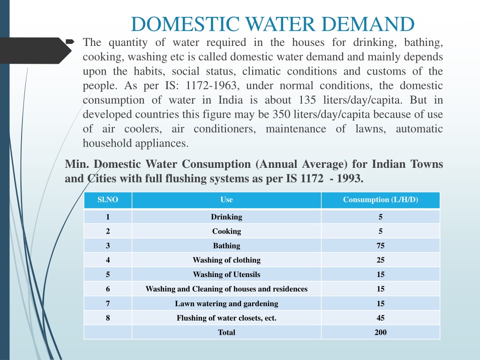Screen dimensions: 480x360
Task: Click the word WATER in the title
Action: coord(280,24)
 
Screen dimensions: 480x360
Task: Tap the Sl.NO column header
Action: coord(108,200)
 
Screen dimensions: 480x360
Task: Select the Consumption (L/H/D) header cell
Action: coord(381,200)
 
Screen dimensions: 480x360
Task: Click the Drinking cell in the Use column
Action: coord(226,217)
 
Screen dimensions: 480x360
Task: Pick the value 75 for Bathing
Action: coord(381,246)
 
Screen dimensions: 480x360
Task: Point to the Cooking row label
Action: coord(226,232)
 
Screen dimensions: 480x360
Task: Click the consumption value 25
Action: coord(381,260)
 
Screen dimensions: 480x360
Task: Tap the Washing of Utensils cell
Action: coord(226,275)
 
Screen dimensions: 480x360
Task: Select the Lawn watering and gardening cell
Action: coord(226,304)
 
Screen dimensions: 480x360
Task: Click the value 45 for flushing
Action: coord(381,318)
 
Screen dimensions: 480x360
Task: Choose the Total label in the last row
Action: coord(226,332)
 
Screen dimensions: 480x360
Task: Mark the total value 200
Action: coord(381,332)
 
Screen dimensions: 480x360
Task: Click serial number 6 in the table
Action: coord(108,289)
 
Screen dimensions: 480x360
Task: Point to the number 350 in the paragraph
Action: coord(281,114)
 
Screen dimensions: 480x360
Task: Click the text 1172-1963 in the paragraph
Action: coord(211,86)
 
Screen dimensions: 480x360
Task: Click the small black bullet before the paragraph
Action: coord(70,41)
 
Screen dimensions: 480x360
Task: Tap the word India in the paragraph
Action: coord(231,100)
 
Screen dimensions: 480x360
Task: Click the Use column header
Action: coord(226,200)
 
